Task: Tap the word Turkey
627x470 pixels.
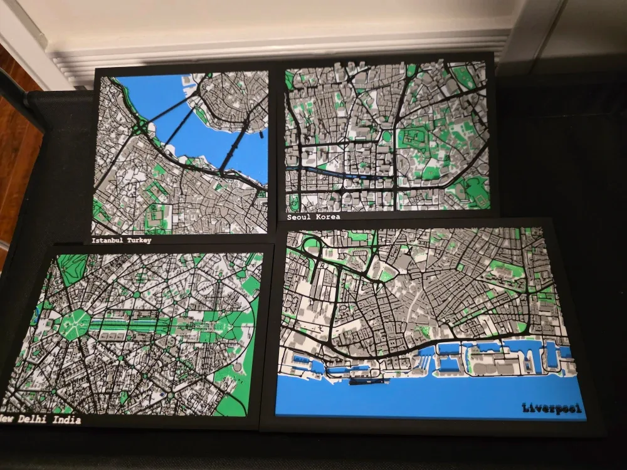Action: click(x=139, y=240)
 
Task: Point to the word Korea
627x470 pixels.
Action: click(x=329, y=217)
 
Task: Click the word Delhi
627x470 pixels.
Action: click(x=34, y=419)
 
